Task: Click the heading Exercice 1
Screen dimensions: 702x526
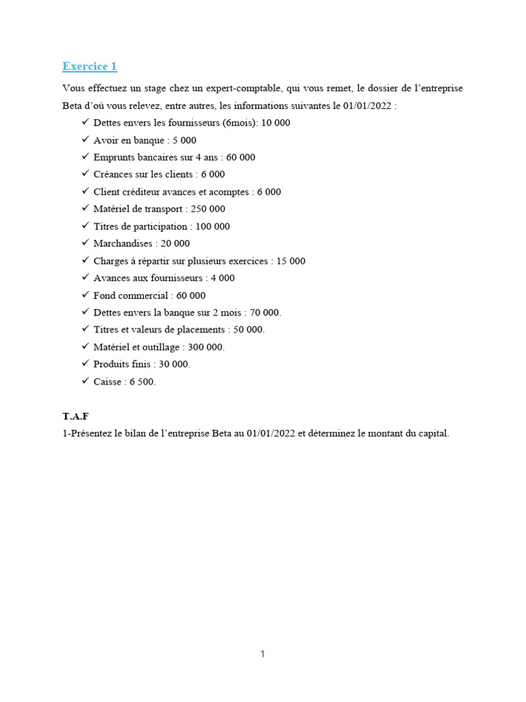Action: pos(90,66)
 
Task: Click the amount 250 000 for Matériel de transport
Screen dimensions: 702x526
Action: pos(208,209)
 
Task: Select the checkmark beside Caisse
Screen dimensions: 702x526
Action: pos(85,381)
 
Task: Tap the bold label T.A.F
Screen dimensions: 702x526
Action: pos(75,416)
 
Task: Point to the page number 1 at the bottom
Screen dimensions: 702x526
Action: pos(262,654)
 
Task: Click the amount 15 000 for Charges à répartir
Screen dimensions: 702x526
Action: pos(291,261)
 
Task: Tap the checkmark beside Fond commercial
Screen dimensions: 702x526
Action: pos(85,295)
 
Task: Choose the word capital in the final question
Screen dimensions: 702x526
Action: pos(432,434)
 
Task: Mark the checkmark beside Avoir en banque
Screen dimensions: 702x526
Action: pos(85,140)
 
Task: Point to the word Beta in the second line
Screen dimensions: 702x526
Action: pos(73,106)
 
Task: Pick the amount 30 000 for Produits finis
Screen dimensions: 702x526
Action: pos(175,364)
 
